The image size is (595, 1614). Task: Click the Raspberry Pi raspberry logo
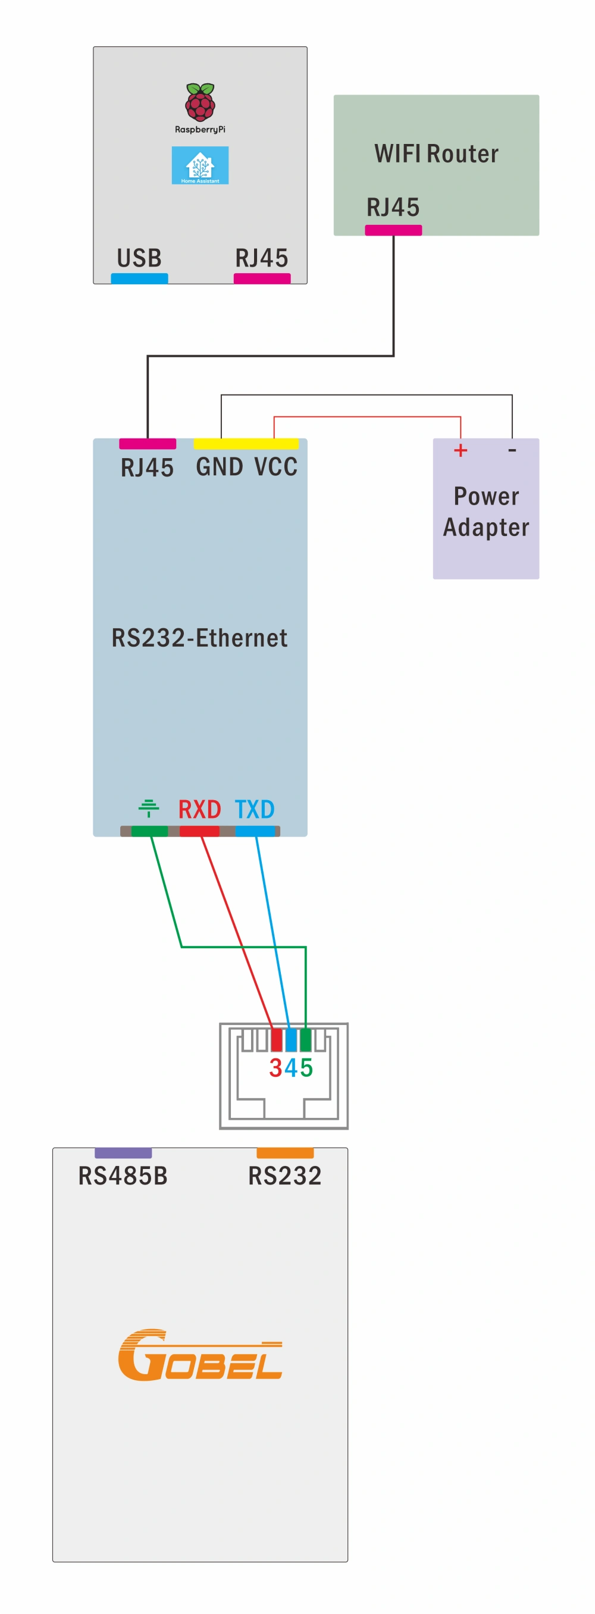point(200,102)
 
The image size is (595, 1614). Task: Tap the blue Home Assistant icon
point(200,165)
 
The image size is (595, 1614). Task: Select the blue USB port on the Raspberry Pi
point(139,278)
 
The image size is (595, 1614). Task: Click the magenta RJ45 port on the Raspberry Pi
point(262,278)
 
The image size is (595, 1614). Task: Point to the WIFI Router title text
point(436,153)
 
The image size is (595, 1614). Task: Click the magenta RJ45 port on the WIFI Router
point(393,230)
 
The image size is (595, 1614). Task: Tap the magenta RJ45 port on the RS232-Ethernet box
point(147,444)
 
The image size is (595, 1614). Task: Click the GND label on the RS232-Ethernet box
point(219,467)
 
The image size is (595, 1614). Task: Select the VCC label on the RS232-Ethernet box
point(275,467)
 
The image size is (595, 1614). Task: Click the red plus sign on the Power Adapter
point(461,450)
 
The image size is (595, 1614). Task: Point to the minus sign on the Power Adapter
point(512,450)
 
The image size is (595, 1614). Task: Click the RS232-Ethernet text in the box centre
point(199,638)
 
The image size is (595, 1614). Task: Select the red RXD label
point(199,810)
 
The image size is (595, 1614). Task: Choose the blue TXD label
point(254,810)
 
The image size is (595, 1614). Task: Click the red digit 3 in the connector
point(275,1068)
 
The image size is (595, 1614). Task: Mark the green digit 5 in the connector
point(306,1068)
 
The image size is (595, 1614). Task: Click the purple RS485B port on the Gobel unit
point(123,1153)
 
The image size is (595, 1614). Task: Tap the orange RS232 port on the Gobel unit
point(285,1153)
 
